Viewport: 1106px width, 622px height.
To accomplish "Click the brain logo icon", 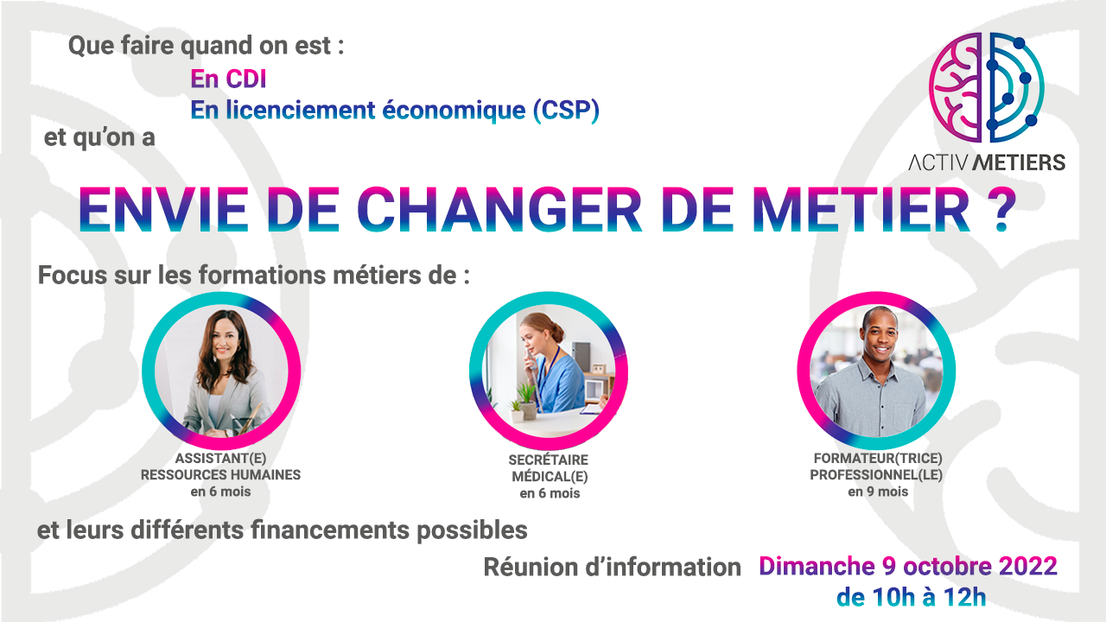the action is point(987,87).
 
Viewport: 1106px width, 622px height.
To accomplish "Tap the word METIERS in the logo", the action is point(1018,162).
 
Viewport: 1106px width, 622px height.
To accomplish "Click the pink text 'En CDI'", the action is point(228,79).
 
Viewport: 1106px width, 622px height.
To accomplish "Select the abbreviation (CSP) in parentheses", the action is point(566,110).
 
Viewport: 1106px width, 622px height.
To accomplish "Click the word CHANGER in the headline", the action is point(499,209).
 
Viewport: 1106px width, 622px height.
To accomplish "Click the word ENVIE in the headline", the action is point(163,209).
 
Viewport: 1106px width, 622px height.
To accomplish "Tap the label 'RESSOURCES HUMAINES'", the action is point(220,475).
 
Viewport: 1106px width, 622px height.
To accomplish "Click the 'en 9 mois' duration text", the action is point(878,492).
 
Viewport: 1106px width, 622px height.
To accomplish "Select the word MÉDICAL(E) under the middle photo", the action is point(550,477).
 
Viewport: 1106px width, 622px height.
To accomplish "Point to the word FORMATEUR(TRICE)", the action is point(878,459).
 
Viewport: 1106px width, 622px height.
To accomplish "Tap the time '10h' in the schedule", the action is point(893,597).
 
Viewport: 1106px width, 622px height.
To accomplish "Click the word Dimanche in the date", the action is point(817,566).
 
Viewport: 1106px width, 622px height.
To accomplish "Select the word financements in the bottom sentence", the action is point(330,530).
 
